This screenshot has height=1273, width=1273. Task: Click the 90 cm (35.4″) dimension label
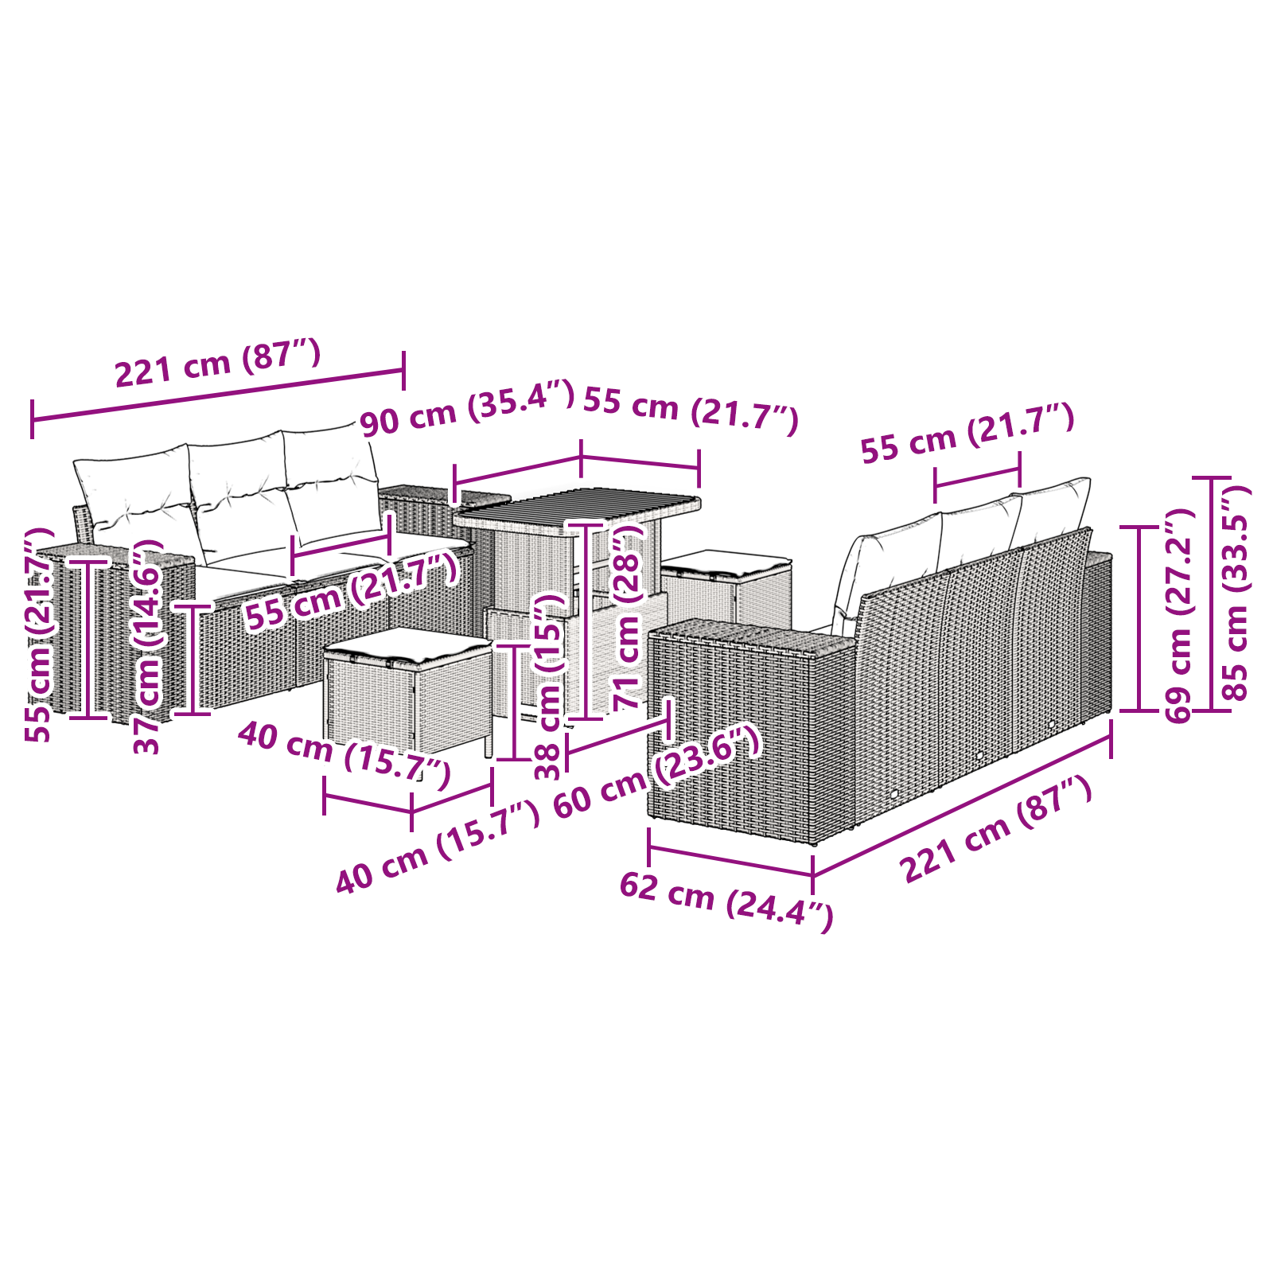coord(467,408)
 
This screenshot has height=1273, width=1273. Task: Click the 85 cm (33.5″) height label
coord(1236,593)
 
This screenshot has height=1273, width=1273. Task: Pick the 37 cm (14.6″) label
coord(148,647)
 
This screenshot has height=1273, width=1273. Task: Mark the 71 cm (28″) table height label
coord(628,617)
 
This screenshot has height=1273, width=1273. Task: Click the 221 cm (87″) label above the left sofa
coord(218,363)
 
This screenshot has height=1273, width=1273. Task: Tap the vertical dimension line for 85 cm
coord(1212,594)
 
